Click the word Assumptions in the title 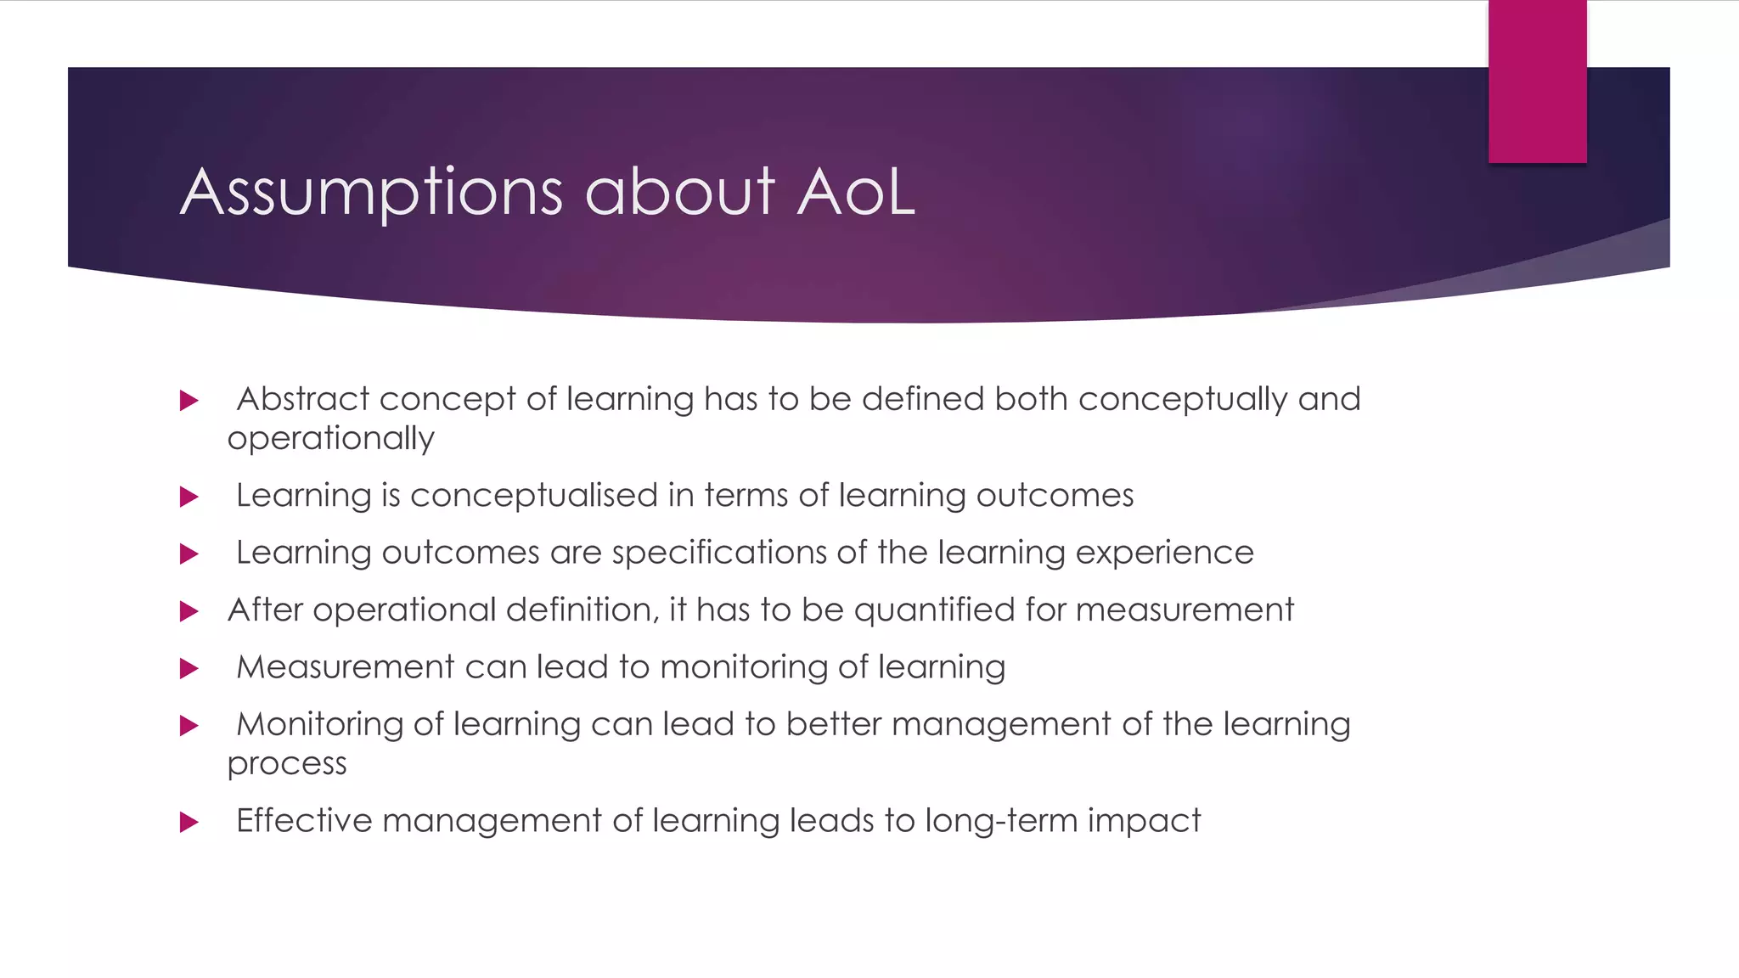[371, 194]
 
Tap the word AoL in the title [856, 192]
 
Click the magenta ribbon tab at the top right [1537, 81]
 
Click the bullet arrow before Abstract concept [189, 401]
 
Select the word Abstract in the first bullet [303, 399]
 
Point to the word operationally [330, 439]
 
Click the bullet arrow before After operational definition [189, 611]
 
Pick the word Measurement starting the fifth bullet [345, 667]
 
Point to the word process [287, 764]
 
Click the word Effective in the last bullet [304, 821]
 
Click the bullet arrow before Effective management [189, 822]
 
